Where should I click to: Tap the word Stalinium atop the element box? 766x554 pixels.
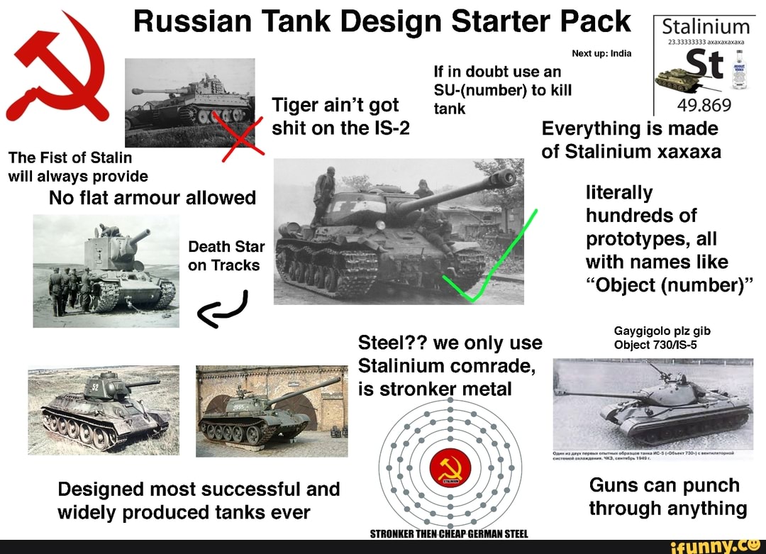click(704, 28)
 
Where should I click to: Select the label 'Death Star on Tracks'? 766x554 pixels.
click(226, 256)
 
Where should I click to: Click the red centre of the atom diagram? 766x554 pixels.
click(450, 467)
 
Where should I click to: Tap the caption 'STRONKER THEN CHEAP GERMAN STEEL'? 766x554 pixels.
click(450, 534)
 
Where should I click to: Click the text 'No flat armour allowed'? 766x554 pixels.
click(152, 198)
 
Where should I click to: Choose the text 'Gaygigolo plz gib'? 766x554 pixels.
click(662, 331)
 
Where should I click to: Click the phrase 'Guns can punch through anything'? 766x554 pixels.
click(667, 497)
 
